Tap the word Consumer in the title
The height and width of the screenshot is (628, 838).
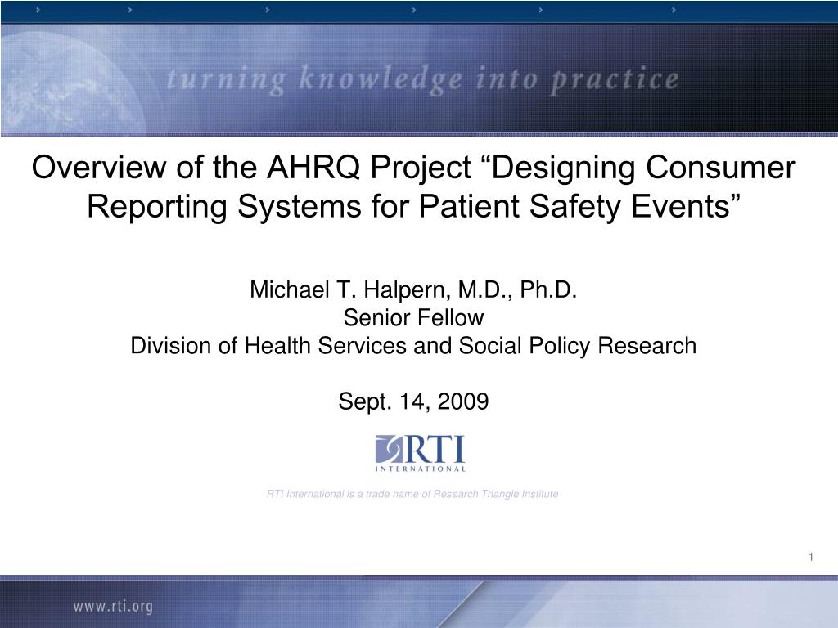coord(722,168)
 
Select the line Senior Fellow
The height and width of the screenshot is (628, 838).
coord(413,317)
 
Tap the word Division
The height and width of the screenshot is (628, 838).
coord(169,346)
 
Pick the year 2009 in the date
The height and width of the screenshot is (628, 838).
coord(462,401)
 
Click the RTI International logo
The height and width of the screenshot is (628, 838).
coord(420,453)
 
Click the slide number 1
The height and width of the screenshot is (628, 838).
coord(810,557)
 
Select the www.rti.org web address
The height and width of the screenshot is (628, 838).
coord(113,606)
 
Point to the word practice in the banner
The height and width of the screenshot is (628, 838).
coord(615,79)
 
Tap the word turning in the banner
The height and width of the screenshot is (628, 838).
coord(226,79)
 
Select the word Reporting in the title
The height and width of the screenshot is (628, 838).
coord(158,207)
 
